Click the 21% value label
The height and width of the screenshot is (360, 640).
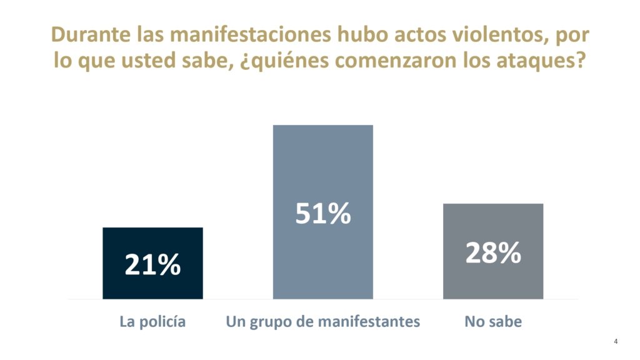152,265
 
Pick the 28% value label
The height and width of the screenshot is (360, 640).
492,252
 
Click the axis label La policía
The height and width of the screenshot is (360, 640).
152,322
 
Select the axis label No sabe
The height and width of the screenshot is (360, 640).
492,322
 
